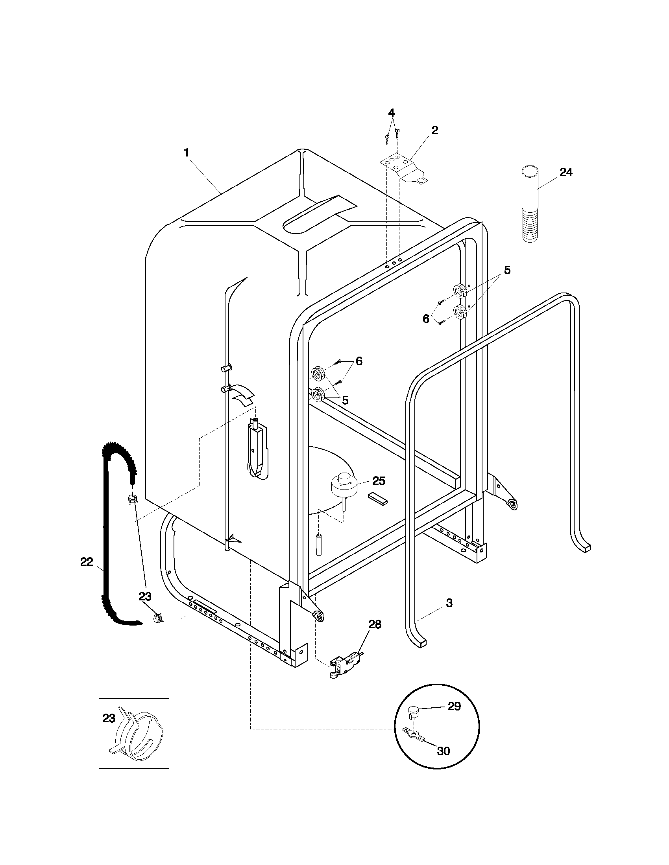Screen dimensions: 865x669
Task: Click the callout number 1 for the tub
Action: (186, 153)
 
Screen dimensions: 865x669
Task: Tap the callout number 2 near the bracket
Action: (435, 130)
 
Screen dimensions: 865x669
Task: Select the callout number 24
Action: (566, 172)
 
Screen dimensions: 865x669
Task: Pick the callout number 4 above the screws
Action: (391, 112)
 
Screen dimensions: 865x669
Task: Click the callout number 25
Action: (379, 481)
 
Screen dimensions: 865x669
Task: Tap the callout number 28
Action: (375, 624)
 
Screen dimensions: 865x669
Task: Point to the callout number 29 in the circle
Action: (454, 706)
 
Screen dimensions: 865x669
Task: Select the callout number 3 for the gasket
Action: (449, 603)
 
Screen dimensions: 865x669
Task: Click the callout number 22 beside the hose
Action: (87, 561)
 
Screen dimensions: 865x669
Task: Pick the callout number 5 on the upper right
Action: (507, 270)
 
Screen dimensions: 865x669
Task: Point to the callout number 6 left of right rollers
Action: (426, 318)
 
